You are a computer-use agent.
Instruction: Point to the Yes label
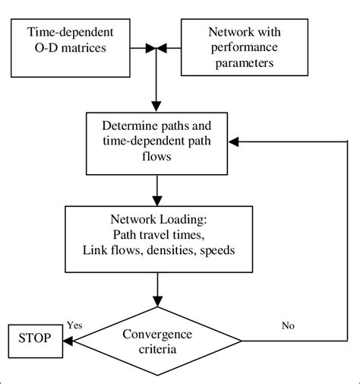point(75,325)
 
